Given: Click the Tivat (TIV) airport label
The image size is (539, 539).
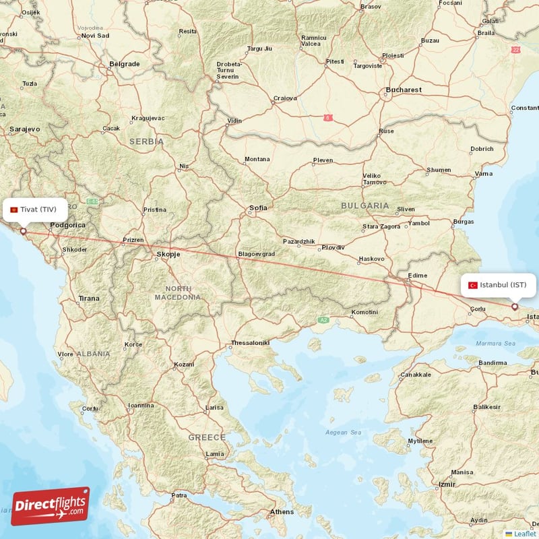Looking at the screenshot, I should tap(38, 210).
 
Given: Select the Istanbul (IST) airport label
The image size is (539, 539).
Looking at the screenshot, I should tap(499, 285).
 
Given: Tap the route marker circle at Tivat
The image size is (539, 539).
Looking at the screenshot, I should tap(24, 232).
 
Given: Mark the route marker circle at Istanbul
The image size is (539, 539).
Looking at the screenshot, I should tap(515, 307).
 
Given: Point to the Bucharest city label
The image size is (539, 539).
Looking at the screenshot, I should tap(404, 90).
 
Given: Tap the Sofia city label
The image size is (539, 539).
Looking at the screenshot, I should tap(258, 208).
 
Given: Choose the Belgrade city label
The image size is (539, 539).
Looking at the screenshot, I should tap(124, 64).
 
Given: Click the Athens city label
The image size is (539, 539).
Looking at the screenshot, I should tap(282, 512).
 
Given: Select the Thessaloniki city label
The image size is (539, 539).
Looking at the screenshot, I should tap(250, 343).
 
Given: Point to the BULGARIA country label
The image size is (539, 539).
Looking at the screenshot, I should tap(364, 205).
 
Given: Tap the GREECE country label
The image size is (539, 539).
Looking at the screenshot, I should tap(207, 437).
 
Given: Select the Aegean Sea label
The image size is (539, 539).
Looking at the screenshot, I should tap(344, 433).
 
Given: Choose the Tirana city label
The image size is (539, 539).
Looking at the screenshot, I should tap(88, 298).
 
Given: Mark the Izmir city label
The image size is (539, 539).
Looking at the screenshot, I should tap(447, 484).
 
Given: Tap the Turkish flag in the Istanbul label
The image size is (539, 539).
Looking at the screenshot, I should tap(473, 286).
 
